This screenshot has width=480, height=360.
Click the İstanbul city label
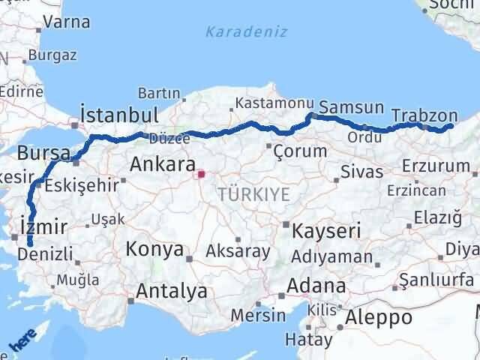click(x=119, y=115)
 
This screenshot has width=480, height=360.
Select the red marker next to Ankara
click(x=201, y=175)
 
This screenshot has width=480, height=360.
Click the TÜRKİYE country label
click(x=253, y=194)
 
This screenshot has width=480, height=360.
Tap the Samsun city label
click(x=351, y=107)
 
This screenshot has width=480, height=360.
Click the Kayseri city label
click(x=326, y=229)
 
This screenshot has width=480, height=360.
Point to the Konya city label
click(x=155, y=249)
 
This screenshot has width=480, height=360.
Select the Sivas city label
click(x=361, y=171)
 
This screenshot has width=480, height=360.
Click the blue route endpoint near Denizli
click(x=29, y=243)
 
